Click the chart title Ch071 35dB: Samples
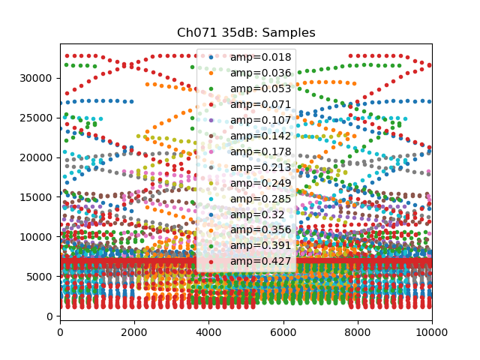(x=246, y=33)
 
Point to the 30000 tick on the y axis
(x=37, y=78)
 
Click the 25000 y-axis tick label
(x=37, y=118)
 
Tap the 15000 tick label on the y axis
(x=37, y=197)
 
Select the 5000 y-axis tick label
(x=40, y=277)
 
